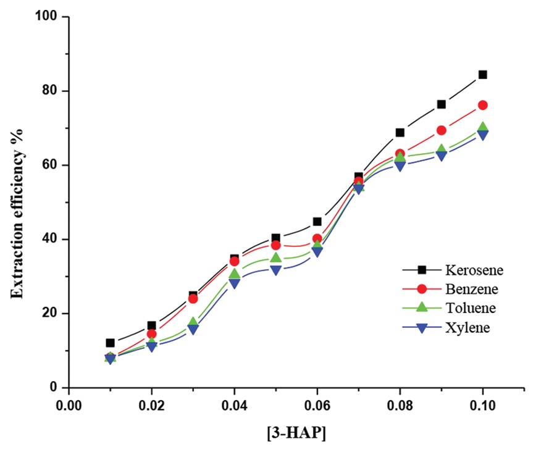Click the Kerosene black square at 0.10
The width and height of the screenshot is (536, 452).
tap(483, 75)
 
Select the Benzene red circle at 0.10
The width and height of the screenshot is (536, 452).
tap(483, 105)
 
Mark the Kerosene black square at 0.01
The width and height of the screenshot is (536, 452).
tap(110, 343)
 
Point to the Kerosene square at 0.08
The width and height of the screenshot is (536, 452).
tap(400, 132)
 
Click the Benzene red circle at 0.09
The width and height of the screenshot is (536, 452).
tap(442, 130)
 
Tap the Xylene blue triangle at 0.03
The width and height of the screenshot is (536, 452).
tap(193, 330)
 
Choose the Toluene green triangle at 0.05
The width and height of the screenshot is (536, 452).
tap(276, 257)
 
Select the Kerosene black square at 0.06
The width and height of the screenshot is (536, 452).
tap(317, 221)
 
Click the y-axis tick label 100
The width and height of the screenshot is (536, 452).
tap(47, 17)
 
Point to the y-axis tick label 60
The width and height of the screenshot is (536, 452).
tap(50, 165)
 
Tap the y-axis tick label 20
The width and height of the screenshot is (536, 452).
tap(50, 313)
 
